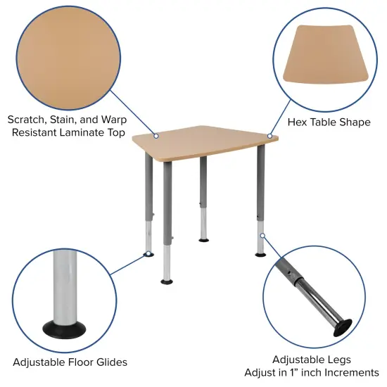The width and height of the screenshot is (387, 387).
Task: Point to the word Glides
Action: click(110, 362)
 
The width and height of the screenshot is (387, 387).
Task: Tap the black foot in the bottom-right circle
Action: click(343, 326)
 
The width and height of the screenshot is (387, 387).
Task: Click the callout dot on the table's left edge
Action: click(156, 136)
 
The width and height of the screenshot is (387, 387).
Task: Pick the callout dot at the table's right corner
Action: click(269, 136)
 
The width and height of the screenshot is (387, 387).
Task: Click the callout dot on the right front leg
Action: click(261, 235)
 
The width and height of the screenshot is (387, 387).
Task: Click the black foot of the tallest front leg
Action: click(167, 281)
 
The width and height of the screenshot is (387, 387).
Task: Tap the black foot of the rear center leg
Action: click(203, 241)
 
